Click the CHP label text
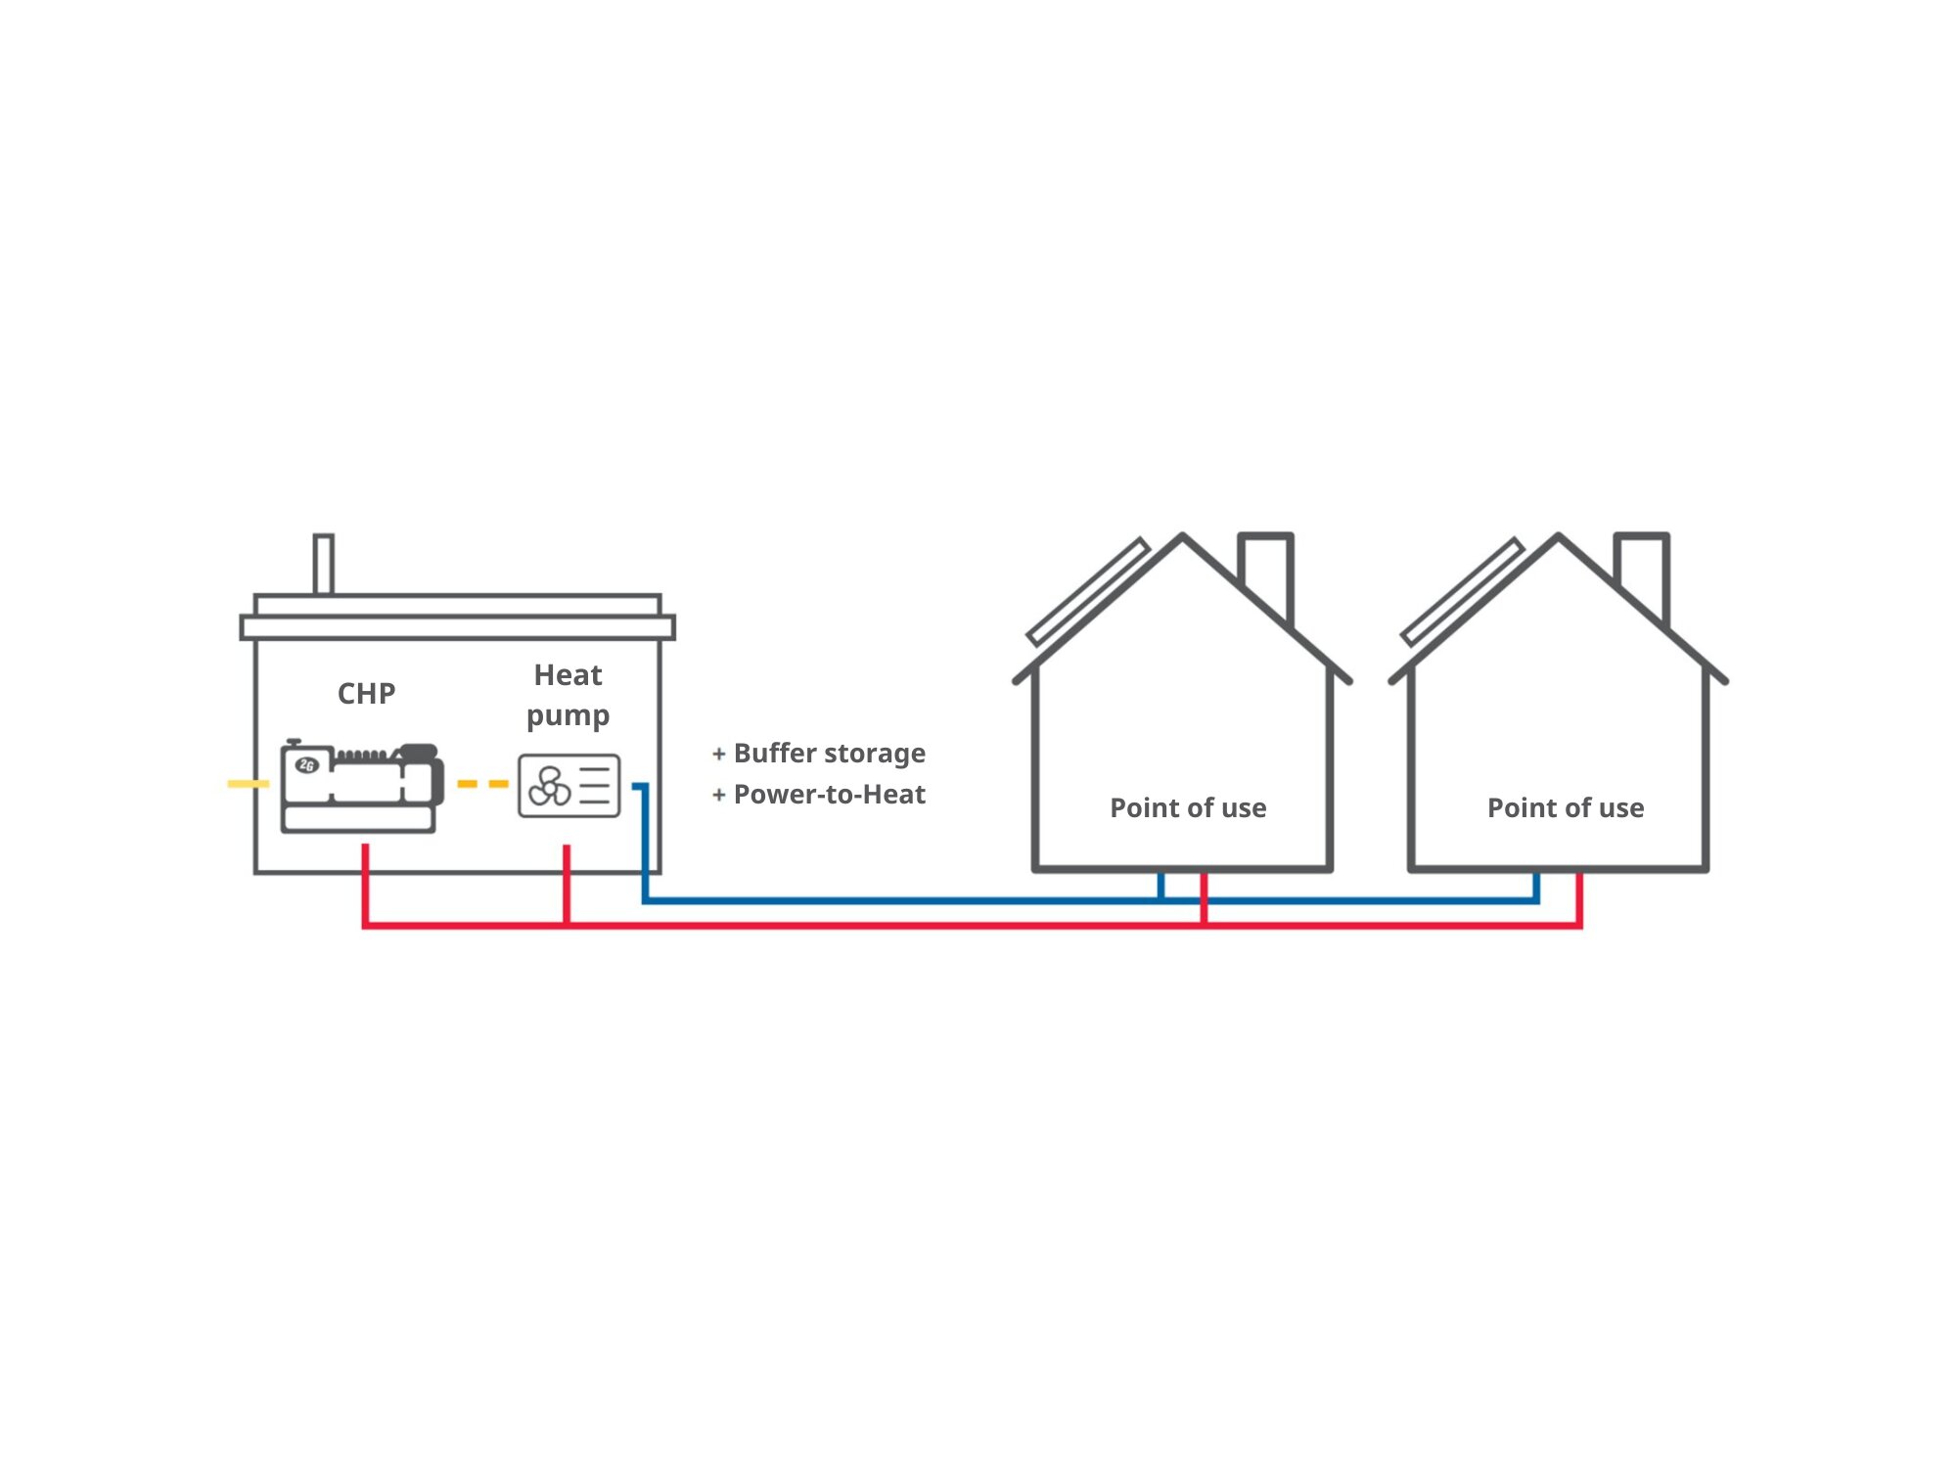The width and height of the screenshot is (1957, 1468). coord(366,693)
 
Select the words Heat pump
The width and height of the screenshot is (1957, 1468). coord(568,695)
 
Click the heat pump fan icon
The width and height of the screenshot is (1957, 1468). coord(549,786)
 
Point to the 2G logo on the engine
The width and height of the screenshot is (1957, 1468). coord(307,765)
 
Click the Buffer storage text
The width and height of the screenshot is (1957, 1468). coord(829,753)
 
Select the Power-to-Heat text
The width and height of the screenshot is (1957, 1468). coord(829,794)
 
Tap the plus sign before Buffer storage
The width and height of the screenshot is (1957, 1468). coord(719,754)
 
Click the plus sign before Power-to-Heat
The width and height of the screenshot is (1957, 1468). coord(719,795)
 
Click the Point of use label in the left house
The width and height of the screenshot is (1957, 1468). coord(1188,807)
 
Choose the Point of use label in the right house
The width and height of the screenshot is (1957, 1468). coord(1566,807)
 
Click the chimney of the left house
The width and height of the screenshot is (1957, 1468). coord(1266,573)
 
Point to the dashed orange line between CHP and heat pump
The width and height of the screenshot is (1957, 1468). coord(483,784)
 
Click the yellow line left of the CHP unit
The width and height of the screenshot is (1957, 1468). coord(248,784)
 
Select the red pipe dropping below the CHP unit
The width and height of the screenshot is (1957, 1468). coord(365,881)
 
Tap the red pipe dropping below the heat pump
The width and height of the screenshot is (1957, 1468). coord(567,881)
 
